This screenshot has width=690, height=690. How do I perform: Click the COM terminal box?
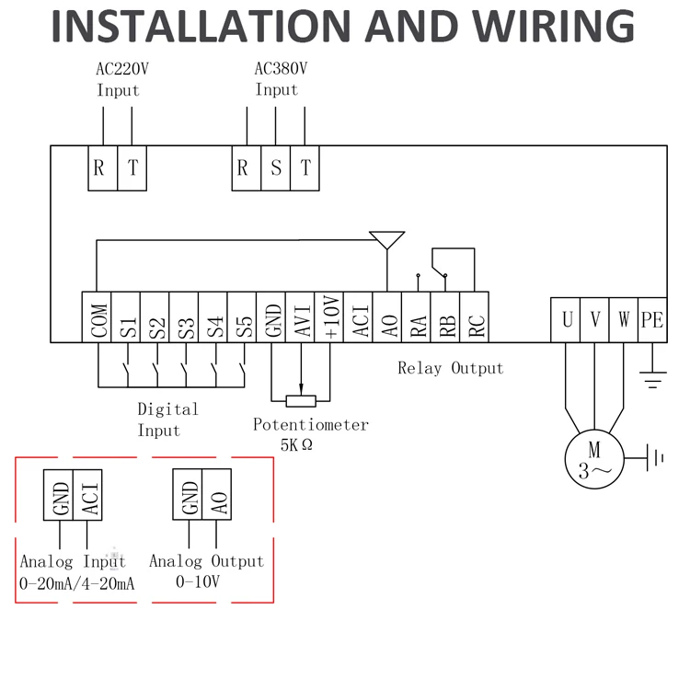click(x=97, y=316)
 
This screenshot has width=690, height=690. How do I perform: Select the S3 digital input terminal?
click(x=184, y=316)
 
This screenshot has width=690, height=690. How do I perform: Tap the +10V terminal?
click(x=329, y=316)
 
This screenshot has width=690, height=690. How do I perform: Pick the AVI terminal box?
click(x=300, y=316)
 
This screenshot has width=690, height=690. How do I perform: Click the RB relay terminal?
click(x=445, y=316)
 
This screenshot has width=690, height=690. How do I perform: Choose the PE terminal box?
click(x=652, y=320)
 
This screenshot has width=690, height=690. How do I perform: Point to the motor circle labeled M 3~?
click(x=594, y=459)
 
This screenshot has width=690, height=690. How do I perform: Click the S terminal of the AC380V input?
click(x=276, y=168)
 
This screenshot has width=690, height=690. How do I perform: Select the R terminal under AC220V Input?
click(x=103, y=168)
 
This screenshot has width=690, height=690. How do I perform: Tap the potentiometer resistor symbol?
click(x=301, y=401)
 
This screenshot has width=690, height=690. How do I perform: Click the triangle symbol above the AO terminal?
click(x=386, y=240)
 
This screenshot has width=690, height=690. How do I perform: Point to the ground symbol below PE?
click(x=653, y=380)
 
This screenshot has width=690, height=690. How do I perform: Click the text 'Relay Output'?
click(x=451, y=368)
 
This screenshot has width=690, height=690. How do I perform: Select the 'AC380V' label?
click(x=281, y=69)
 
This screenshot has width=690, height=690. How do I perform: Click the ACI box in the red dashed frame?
click(x=87, y=495)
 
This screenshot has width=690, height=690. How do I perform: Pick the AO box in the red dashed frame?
click(x=216, y=494)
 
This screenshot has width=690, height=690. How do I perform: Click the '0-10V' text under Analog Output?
click(x=198, y=581)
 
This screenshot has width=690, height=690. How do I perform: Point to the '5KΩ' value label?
click(x=296, y=445)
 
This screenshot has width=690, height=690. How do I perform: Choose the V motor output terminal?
click(x=594, y=320)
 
